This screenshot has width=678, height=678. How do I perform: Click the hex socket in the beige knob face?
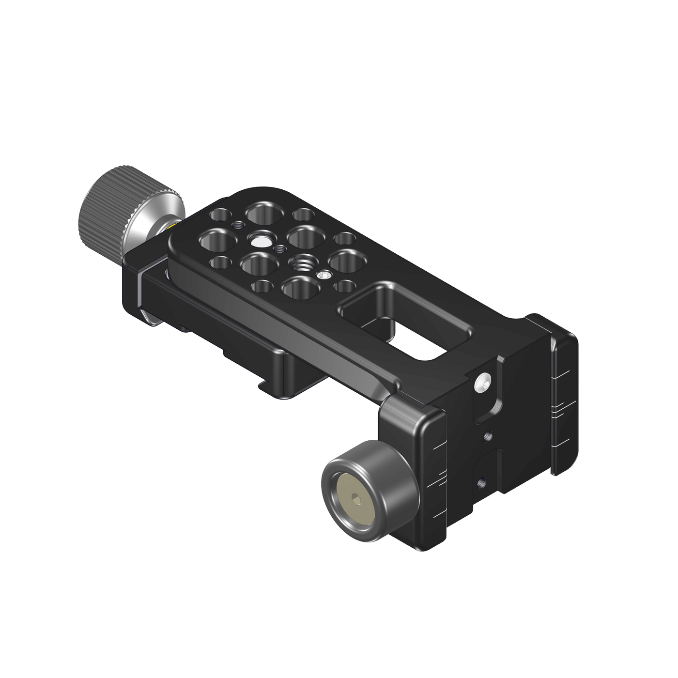pyautogui.click(x=356, y=500)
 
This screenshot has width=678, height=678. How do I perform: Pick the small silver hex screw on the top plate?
pyautogui.click(x=323, y=276)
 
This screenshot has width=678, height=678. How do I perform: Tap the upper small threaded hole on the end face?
pyautogui.click(x=488, y=437)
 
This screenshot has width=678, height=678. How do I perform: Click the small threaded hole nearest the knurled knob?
pyautogui.click(x=238, y=225)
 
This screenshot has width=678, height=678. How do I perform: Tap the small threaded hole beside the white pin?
pyautogui.click(x=279, y=249)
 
